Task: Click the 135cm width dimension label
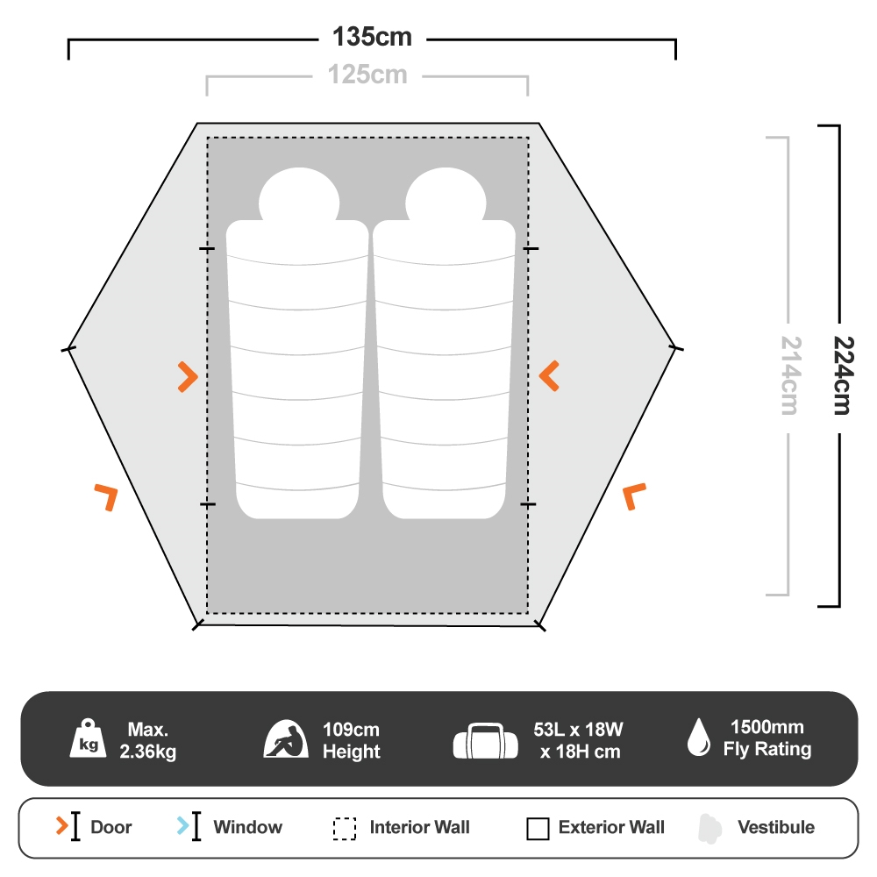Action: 372,38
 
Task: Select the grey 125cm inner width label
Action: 367,75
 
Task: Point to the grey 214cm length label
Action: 790,375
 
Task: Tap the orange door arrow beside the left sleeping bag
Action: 187,376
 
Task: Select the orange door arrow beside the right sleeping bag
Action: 550,376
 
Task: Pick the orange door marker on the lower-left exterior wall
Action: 107,496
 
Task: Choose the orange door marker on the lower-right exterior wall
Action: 634,496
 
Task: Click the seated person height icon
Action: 286,739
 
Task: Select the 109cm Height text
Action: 351,740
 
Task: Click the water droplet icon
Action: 699,738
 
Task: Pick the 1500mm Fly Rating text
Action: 766,738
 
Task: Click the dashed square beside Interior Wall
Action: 345,828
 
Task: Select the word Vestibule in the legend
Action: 775,827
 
